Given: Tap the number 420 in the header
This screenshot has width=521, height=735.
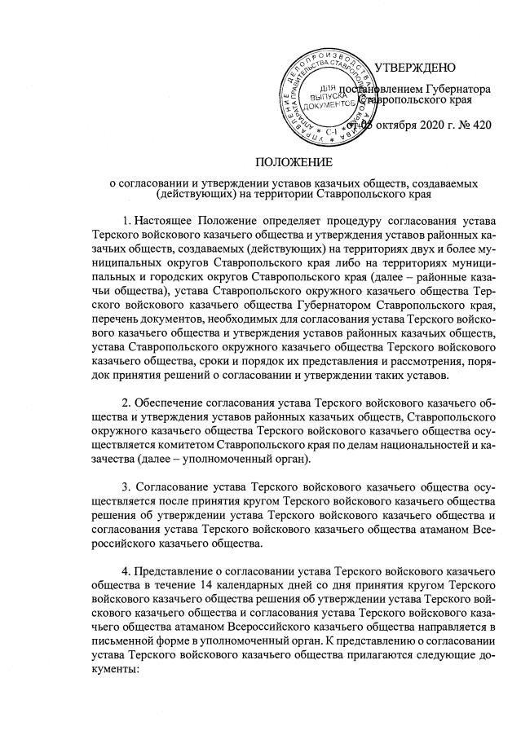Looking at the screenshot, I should point(483,124).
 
